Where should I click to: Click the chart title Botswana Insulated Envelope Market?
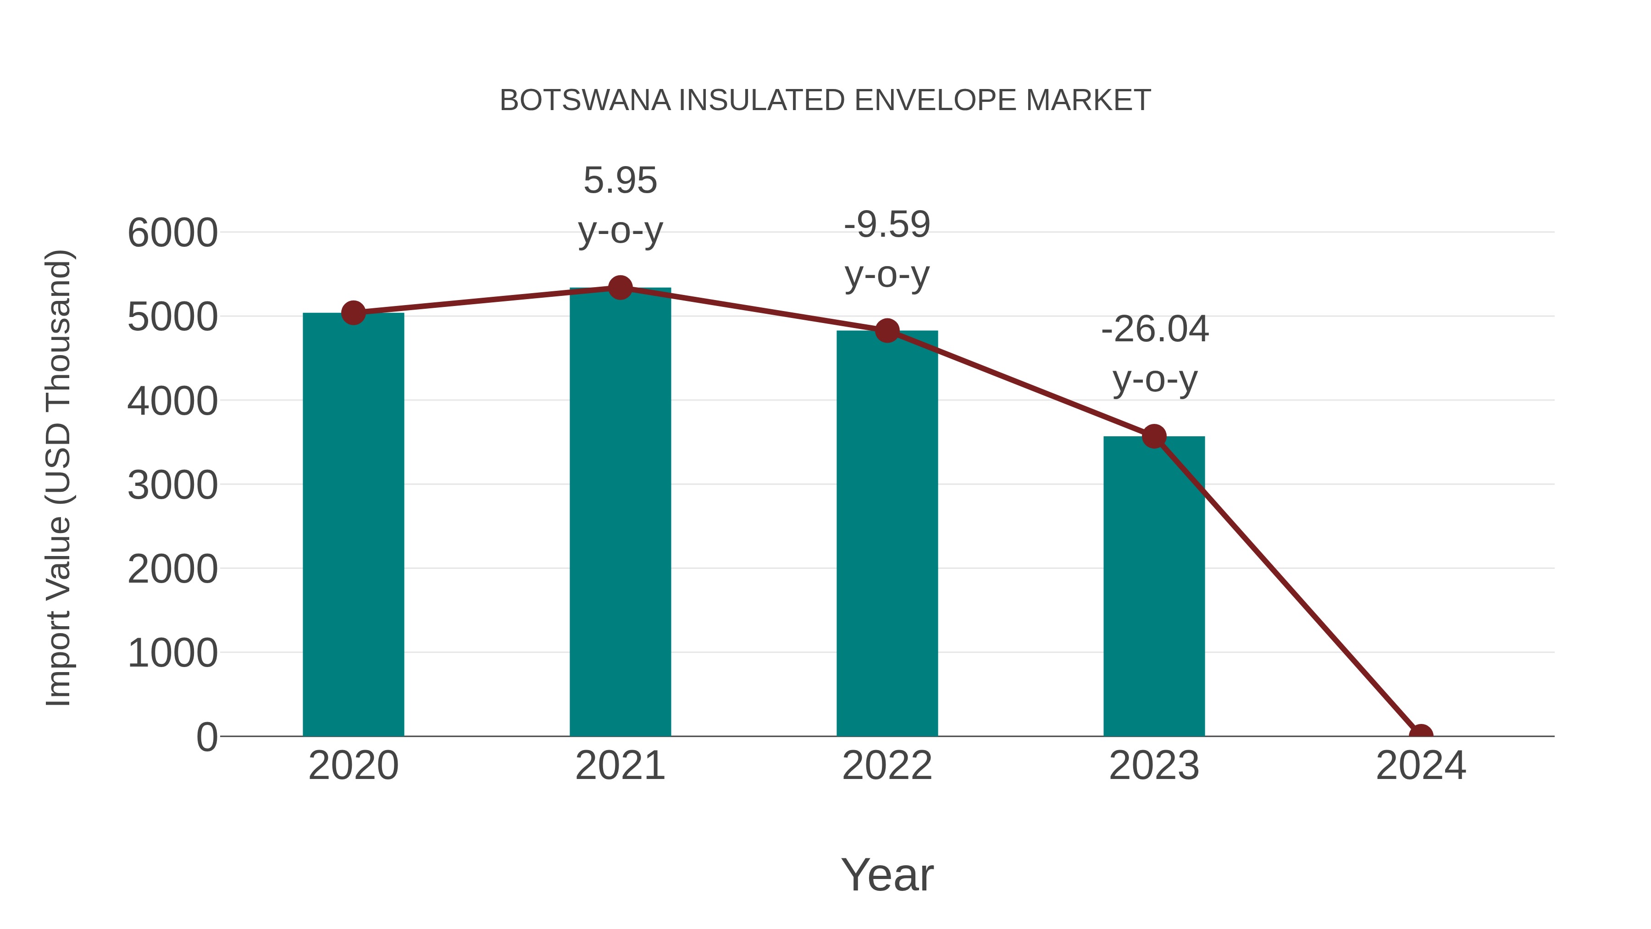825,100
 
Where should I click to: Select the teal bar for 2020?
353,526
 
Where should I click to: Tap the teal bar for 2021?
620,513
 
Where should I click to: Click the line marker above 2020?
353,313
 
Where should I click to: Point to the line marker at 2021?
620,288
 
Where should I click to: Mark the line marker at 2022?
887,331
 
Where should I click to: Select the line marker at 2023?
1154,437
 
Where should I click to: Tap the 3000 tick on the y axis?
172,485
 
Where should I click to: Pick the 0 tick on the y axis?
206,737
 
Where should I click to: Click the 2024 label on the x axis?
1421,766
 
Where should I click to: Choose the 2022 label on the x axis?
887,766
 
